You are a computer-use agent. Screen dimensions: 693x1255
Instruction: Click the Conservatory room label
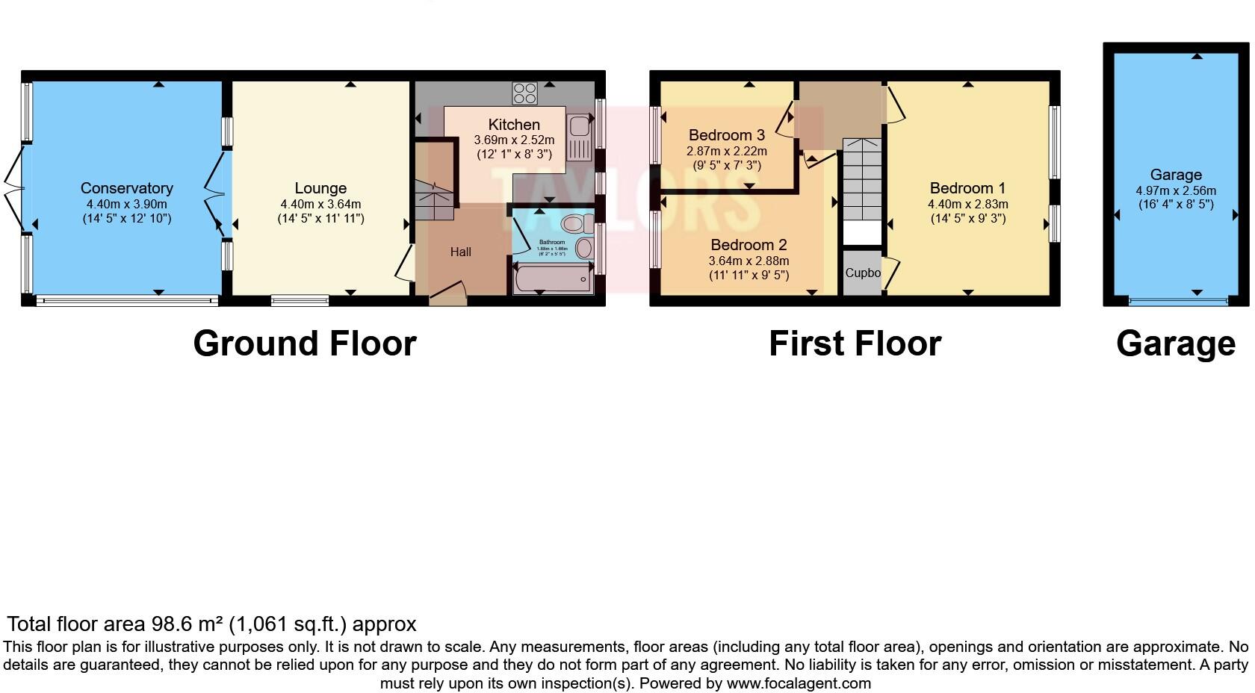126,188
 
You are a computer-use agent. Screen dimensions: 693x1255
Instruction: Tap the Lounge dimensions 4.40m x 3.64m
320,204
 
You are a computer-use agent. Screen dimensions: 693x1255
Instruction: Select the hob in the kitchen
524,93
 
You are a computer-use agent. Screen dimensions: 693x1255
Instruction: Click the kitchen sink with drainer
578,137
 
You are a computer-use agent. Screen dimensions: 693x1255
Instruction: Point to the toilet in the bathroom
574,224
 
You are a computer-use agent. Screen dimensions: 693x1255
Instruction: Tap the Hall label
460,252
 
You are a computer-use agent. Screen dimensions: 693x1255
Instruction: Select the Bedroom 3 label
726,135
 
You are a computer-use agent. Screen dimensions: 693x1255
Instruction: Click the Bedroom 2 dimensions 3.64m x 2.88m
749,261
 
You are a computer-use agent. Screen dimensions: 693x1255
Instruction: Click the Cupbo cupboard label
862,273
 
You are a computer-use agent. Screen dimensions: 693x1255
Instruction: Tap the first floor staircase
862,179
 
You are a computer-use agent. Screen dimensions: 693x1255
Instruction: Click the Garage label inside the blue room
1175,175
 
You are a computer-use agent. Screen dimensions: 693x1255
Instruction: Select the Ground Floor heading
304,344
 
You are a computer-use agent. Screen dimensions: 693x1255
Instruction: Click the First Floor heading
855,344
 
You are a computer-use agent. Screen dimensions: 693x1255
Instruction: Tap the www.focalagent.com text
799,683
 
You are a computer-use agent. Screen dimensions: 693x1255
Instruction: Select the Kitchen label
514,125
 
